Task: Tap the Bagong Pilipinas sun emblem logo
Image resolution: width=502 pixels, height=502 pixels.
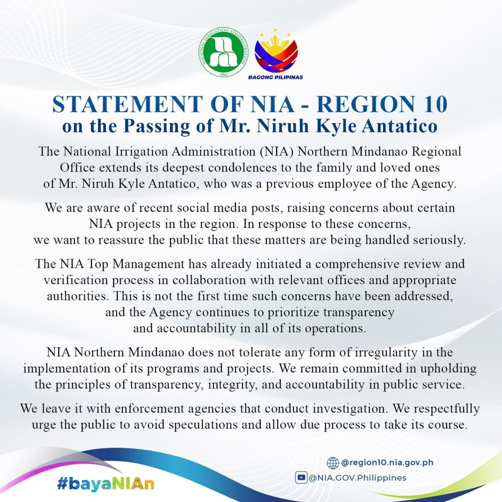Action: coord(276,51)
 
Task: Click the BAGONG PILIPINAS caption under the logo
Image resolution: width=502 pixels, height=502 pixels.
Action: coord(276,77)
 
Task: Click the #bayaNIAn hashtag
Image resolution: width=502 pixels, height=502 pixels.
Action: coord(106,484)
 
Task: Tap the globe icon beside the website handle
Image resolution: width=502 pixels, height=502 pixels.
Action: coord(333,463)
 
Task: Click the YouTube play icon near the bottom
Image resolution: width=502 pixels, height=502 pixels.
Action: coord(300,477)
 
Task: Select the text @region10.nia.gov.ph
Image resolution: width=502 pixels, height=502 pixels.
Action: coord(387,463)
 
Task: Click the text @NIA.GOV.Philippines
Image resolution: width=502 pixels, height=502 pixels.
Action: coord(358,478)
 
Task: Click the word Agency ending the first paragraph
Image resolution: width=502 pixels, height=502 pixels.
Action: coord(434,184)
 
